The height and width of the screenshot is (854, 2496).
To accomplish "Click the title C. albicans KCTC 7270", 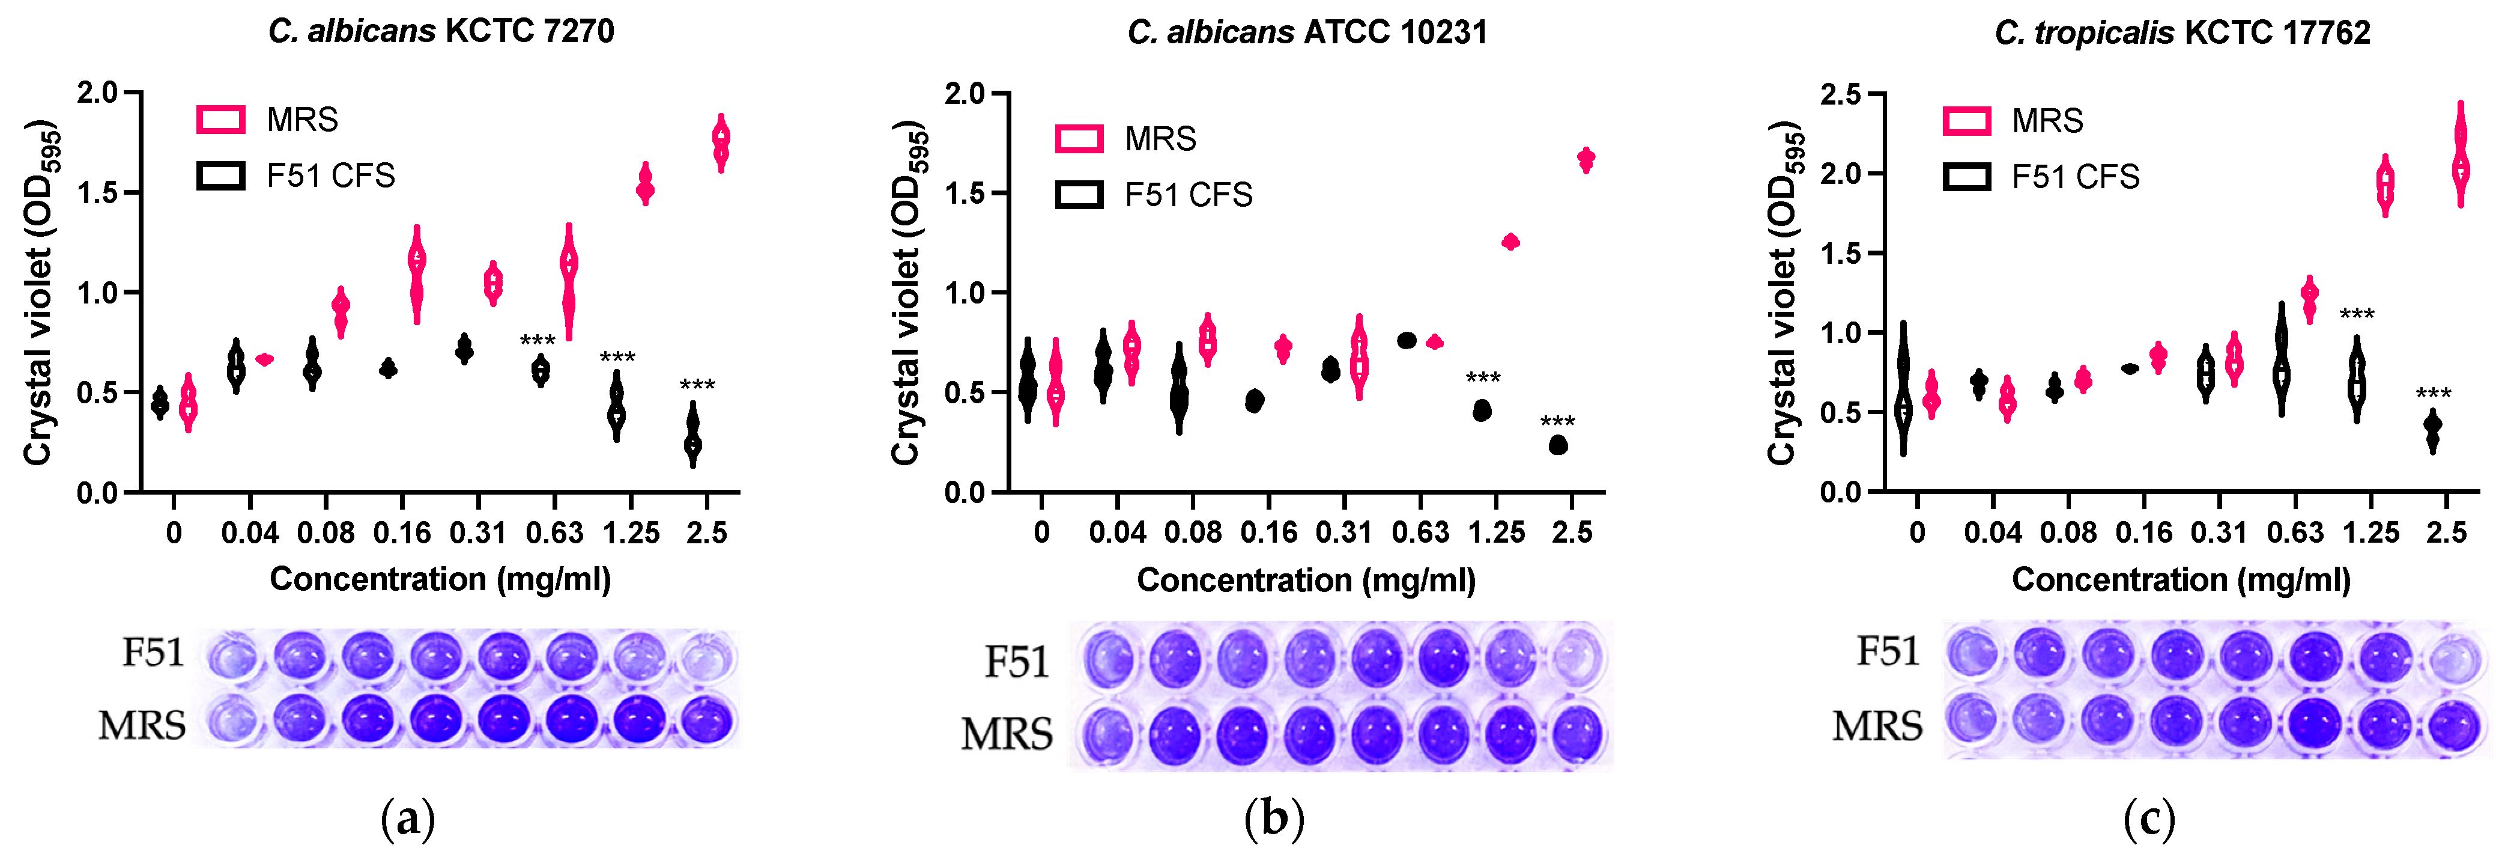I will (x=441, y=31).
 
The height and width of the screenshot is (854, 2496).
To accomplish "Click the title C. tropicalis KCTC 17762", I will (x=2181, y=33).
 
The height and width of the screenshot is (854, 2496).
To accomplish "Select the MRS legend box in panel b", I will (x=1079, y=139).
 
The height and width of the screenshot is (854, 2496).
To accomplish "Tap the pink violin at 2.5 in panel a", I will (x=721, y=142).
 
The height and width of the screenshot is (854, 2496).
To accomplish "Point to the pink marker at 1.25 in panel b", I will (x=1510, y=242).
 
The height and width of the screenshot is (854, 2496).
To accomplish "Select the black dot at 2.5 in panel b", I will (x=1558, y=445).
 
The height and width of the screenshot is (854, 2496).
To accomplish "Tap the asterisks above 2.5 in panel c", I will (x=2433, y=392).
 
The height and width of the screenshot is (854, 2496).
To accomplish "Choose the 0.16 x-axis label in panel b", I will (x=1268, y=532).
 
